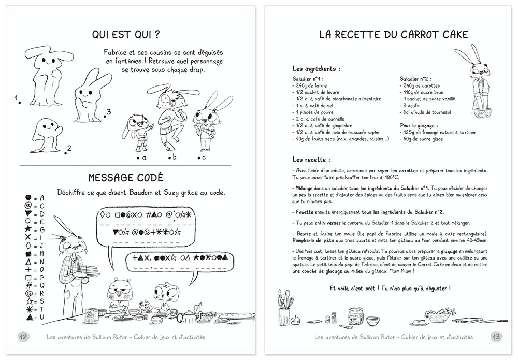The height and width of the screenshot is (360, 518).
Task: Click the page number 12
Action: [23, 336]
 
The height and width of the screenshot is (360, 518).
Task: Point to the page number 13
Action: [496, 336]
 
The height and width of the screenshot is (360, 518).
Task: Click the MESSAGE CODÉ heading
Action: [126, 177]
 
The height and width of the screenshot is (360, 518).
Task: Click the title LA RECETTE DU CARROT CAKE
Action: [393, 35]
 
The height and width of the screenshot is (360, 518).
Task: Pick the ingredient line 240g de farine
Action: [311, 85]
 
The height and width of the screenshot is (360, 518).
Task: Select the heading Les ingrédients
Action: [316, 68]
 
